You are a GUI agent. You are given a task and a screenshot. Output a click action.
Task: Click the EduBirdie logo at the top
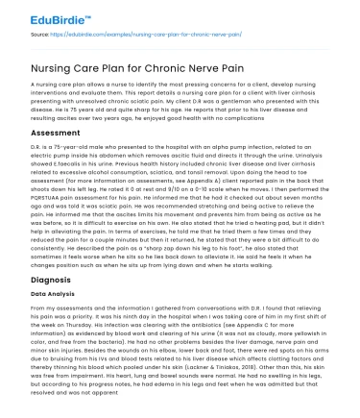[x=37, y=13]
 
